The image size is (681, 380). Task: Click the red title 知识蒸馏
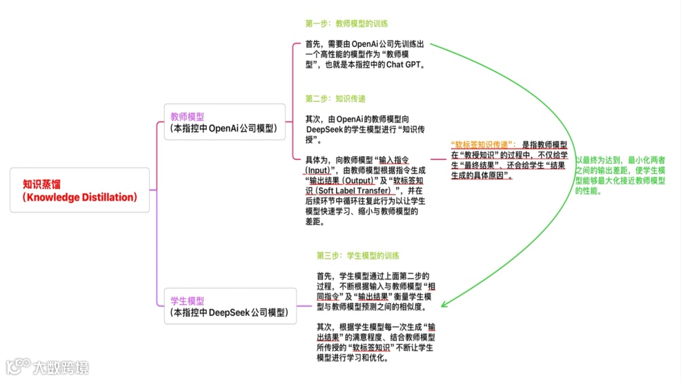pyautogui.click(x=43, y=184)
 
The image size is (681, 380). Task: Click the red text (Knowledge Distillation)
pyautogui.click(x=79, y=197)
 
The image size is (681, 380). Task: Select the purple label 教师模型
pyautogui.click(x=187, y=117)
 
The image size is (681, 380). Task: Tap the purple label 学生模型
pyautogui.click(x=187, y=301)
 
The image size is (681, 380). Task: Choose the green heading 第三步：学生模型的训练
pyautogui.click(x=358, y=256)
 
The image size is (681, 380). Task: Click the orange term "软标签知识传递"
pyautogui.click(x=482, y=145)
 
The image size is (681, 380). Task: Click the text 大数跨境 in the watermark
pyautogui.click(x=61, y=366)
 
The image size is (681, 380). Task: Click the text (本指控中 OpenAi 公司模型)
pyautogui.click(x=223, y=128)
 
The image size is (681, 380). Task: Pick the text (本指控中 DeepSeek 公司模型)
pyautogui.click(x=228, y=312)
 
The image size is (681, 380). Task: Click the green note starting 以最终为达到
pyautogui.click(x=620, y=175)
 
